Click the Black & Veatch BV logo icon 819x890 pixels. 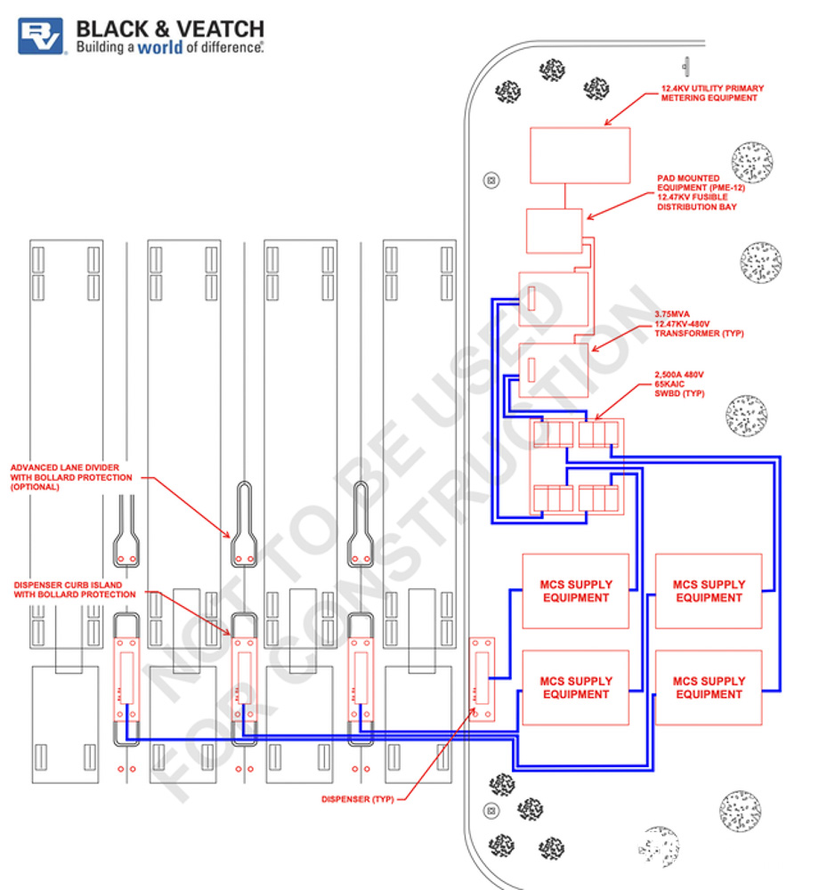pyautogui.click(x=41, y=36)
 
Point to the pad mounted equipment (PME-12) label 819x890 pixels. pyautogui.click(x=701, y=192)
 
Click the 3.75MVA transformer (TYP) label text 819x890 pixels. pyautogui.click(x=698, y=323)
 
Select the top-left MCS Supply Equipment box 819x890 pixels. pyautogui.click(x=576, y=591)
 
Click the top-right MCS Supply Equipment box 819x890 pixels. pyautogui.click(x=709, y=591)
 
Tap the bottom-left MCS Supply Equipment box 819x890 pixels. pyautogui.click(x=576, y=687)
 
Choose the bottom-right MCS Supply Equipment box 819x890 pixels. pyautogui.click(x=709, y=687)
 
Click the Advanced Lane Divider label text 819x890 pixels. pyautogui.click(x=71, y=476)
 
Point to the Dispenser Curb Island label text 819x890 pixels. pyautogui.click(x=75, y=589)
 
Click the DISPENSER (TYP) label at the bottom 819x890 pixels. pyautogui.click(x=356, y=798)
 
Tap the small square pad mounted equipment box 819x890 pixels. pyautogui.click(x=554, y=231)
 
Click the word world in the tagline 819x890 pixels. pyautogui.click(x=160, y=47)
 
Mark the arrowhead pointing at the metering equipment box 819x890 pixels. pyautogui.click(x=608, y=123)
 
